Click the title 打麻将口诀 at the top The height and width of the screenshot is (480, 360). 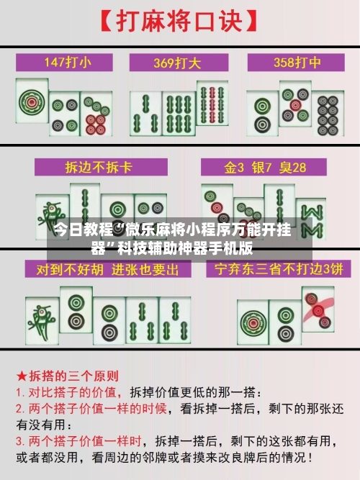coord(180,19)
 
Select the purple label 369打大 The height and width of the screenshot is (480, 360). coord(180,62)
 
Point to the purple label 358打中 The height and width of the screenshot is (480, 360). coord(293,62)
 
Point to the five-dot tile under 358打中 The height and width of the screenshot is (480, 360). coord(295,105)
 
